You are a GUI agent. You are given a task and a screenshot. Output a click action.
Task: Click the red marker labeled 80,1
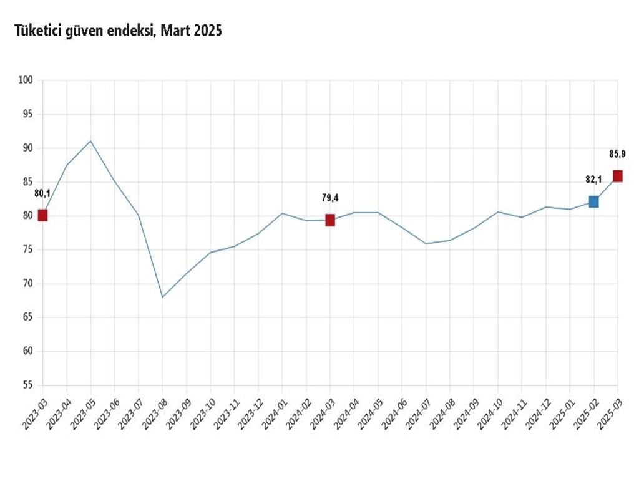click(42, 215)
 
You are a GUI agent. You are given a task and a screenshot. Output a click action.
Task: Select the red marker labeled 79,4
click(330, 220)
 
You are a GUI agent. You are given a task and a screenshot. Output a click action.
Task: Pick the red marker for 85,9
click(618, 176)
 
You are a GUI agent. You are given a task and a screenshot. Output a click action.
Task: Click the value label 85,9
click(618, 153)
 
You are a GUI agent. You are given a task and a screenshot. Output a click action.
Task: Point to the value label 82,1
click(593, 180)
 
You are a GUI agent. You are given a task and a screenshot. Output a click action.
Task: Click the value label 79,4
click(330, 198)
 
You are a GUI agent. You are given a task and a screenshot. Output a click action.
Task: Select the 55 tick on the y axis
click(27, 385)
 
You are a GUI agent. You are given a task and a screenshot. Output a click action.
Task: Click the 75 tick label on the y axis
click(27, 250)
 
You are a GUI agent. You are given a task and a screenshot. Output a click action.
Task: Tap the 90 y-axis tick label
click(27, 148)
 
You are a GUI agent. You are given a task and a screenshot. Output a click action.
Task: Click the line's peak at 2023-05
click(90, 141)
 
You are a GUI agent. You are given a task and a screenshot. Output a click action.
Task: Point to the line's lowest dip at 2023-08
click(162, 297)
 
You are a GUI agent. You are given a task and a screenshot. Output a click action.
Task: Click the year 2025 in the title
click(207, 31)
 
